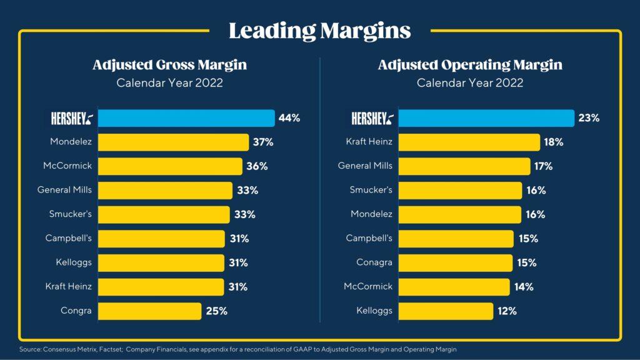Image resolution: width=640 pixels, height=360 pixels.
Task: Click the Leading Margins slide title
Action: pyautogui.click(x=319, y=30)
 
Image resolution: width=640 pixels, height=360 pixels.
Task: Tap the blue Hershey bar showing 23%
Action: pyautogui.click(x=486, y=118)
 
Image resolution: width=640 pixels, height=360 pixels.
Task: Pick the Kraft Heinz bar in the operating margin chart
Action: pyautogui.click(x=469, y=142)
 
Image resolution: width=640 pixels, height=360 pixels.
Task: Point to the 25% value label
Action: pyautogui.click(x=217, y=311)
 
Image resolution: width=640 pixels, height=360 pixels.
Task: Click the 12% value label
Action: pyautogui.click(x=507, y=311)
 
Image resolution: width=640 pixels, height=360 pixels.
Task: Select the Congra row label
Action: pyautogui.click(x=76, y=311)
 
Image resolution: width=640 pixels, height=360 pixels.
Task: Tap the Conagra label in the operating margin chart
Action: pyautogui.click(x=374, y=262)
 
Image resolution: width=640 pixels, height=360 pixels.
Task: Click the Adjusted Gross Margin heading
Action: pyautogui.click(x=169, y=65)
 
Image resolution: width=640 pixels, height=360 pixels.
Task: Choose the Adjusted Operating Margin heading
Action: pyautogui.click(x=469, y=65)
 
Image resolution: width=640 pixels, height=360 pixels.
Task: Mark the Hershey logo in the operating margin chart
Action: pyautogui.click(x=372, y=118)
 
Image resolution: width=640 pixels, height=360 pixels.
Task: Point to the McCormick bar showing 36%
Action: pyautogui.click(x=170, y=166)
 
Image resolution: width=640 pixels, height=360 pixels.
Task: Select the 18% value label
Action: pyautogui.click(x=554, y=142)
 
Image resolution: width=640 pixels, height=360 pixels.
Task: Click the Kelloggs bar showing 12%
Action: pyautogui.click(x=446, y=311)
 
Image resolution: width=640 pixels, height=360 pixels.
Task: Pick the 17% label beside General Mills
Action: pyautogui.click(x=543, y=166)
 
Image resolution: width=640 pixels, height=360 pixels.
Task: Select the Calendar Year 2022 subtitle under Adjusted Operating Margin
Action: pyautogui.click(x=469, y=82)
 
